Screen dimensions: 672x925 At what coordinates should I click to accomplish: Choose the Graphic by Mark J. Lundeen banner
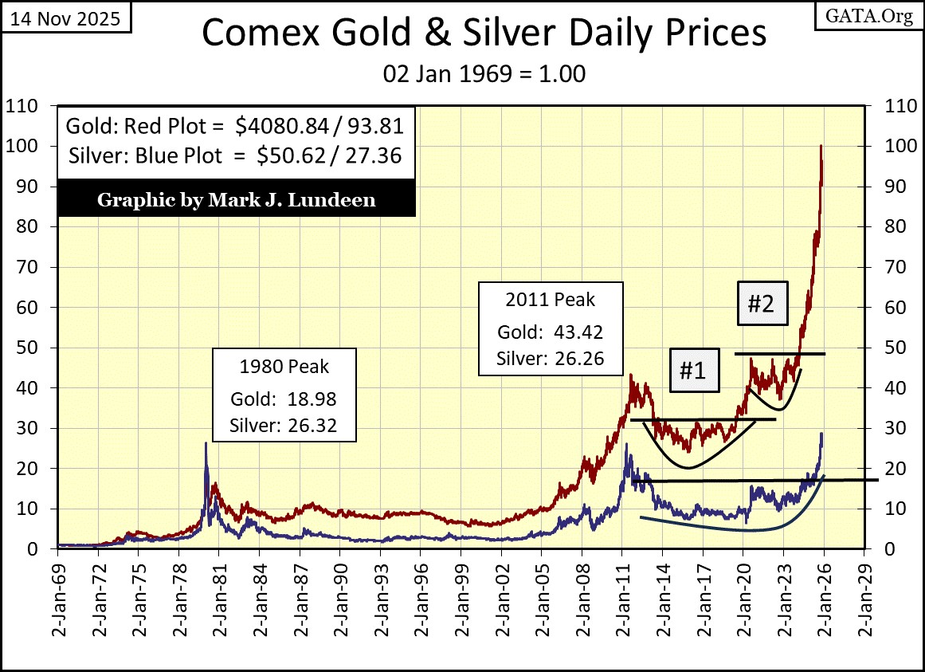pyautogui.click(x=236, y=199)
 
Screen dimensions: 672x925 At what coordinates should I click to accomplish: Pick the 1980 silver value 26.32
pyautogui.click(x=312, y=426)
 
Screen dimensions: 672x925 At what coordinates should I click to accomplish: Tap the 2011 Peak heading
pyautogui.click(x=550, y=300)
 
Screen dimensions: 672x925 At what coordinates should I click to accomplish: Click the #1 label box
pyautogui.click(x=693, y=371)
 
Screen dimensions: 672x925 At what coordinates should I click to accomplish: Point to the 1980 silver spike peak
pyautogui.click(x=206, y=443)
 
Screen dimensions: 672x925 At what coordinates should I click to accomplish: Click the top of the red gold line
pyautogui.click(x=821, y=146)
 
